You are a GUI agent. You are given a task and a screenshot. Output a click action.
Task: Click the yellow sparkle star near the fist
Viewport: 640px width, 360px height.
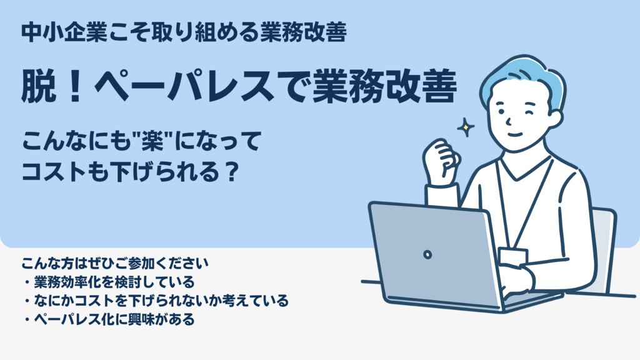pos(465,127)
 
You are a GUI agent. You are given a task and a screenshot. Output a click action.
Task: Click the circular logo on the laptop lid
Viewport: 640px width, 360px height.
pos(427,255)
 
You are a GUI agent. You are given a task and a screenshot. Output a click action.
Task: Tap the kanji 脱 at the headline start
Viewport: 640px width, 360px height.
pos(39,86)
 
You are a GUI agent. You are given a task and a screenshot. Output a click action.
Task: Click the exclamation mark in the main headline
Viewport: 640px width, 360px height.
pos(75,86)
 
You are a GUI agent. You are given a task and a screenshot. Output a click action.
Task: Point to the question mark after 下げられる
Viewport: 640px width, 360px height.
pos(231,172)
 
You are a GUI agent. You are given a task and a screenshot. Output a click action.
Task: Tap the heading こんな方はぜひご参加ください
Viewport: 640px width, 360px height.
pos(115,264)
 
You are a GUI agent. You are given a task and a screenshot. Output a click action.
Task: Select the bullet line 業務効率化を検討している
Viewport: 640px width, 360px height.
pos(109,282)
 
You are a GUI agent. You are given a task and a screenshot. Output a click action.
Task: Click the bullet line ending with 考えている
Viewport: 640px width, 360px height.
pos(156,301)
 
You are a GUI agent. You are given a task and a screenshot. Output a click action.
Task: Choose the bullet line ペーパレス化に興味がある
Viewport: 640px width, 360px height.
pos(109,319)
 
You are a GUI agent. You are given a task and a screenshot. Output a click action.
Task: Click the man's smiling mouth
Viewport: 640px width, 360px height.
pos(515,134)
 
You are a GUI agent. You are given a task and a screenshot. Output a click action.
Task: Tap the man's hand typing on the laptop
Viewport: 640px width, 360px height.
pos(515,281)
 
